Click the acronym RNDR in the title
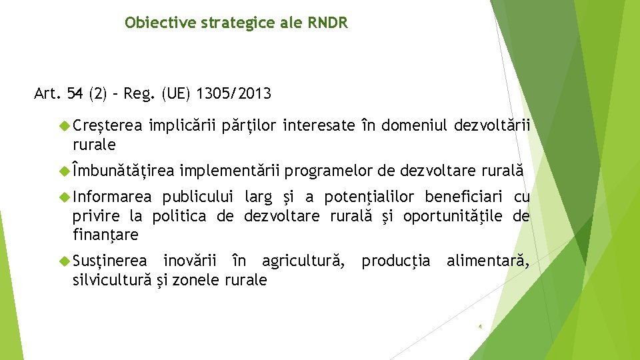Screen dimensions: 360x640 (327, 23)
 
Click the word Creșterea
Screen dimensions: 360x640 (107, 125)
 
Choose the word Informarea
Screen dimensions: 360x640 (112, 197)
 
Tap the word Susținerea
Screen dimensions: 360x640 (109, 261)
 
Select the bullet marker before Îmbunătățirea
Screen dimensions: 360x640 (65, 172)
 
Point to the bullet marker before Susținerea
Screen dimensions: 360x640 (65, 261)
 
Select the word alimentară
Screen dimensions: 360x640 (488, 261)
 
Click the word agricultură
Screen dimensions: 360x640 (303, 261)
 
